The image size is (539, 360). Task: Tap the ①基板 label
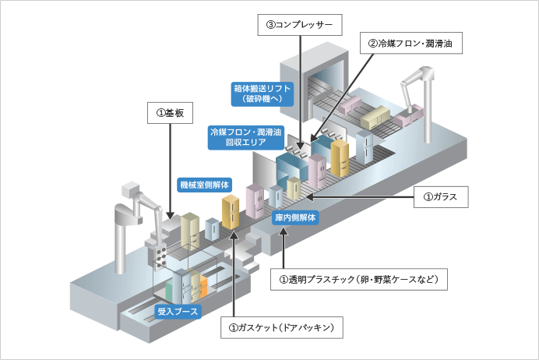169,113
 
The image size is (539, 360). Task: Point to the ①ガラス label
440,199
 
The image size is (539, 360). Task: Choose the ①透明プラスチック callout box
358,278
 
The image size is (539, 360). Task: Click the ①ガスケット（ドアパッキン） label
277,328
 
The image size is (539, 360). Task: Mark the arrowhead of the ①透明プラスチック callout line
285,231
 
